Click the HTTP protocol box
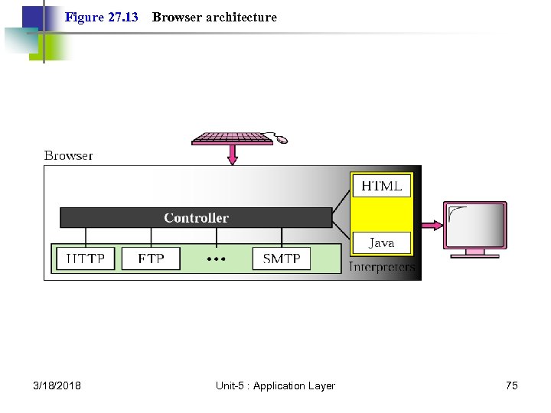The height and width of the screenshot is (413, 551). pos(85,259)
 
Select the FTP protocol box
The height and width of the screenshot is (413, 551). pos(151,259)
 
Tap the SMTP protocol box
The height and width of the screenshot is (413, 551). pos(282,259)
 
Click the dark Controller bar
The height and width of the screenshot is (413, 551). pos(196,218)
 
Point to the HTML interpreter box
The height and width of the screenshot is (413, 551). pos(381,186)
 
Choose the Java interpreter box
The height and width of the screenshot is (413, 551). pos(381,243)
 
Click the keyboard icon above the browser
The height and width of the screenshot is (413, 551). pos(232,138)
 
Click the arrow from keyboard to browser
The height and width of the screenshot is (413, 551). pos(233,155)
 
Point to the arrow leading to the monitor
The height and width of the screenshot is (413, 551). pos(429,225)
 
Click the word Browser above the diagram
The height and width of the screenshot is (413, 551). pos(68,155)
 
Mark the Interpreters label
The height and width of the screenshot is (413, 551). pos(382,267)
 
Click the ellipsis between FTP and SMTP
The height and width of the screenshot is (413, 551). pos(217,259)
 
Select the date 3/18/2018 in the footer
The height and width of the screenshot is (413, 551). pos(57,385)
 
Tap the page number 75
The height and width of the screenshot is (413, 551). pos(511,385)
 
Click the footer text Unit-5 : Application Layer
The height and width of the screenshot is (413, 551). pos(275,385)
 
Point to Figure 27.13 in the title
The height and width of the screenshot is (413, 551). pos(102,17)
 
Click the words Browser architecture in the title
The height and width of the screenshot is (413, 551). pos(214,17)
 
